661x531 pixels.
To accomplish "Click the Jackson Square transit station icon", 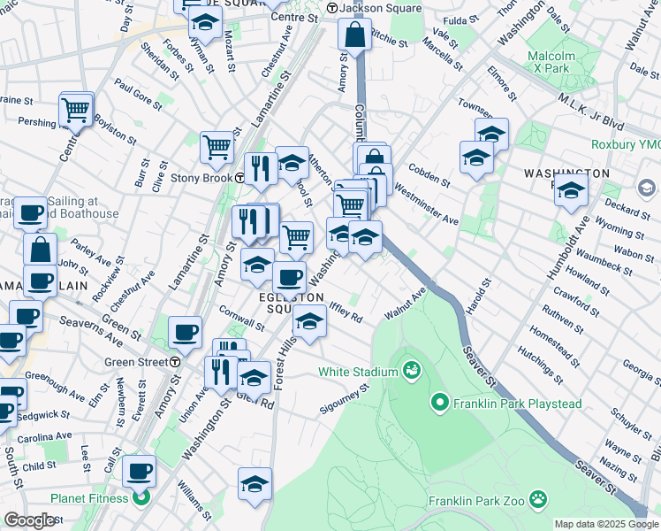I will pos(332,8).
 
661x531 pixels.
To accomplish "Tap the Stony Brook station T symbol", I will pos(239,178).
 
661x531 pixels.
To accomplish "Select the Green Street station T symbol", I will pos(176,362).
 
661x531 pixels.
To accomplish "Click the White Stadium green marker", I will pos(409,369).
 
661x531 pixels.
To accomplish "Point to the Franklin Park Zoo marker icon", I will pos(538,502).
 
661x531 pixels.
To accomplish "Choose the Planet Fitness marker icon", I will pos(141,498).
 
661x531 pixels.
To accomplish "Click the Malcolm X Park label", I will pos(551,61).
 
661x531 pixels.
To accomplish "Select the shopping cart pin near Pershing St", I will pos(76,111).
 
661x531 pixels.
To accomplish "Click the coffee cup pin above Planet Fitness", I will pos(138,471).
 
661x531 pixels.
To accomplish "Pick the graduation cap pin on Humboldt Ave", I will pos(571,190).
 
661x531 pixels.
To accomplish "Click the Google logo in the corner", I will pos(29,520).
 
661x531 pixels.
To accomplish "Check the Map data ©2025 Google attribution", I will pos(605,524).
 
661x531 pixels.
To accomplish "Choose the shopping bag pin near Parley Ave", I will pos(40,250).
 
